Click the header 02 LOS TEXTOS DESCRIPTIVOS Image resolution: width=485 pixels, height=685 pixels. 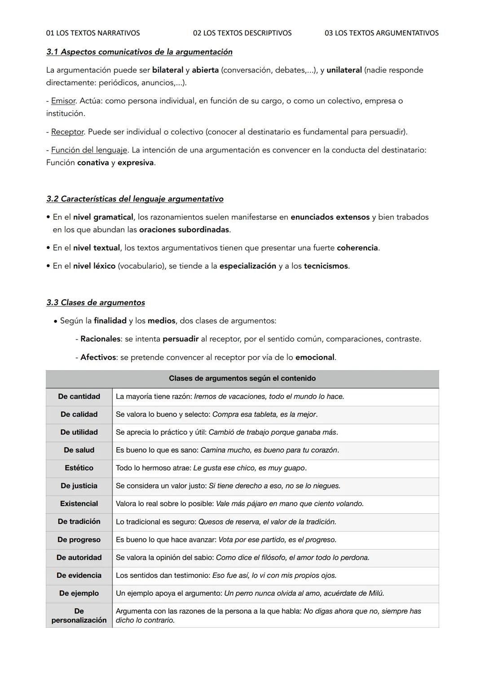242,33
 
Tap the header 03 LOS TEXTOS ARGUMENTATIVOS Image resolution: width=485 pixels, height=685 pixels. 381,33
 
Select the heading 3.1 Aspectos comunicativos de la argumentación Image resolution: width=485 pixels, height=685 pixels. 139,52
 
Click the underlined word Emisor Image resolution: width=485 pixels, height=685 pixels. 63,101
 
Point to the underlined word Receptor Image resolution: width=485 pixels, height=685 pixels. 67,132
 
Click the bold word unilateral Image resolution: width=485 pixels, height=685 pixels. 344,70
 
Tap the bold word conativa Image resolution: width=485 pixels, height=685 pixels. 93,162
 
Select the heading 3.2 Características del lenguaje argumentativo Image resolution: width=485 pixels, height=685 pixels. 135,199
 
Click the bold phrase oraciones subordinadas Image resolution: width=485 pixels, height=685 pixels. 184,230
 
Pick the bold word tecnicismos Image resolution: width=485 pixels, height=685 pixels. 326,266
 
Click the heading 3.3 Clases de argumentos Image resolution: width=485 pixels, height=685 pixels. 96,302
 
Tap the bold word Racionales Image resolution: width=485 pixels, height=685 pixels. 100,339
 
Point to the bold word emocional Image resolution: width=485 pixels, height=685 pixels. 315,358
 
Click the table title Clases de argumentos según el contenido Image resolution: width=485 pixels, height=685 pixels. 242,379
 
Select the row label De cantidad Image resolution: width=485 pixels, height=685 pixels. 79,397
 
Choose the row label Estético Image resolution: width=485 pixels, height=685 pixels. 79,468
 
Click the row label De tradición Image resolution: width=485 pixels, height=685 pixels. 79,521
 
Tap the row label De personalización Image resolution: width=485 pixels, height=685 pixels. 79,615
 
